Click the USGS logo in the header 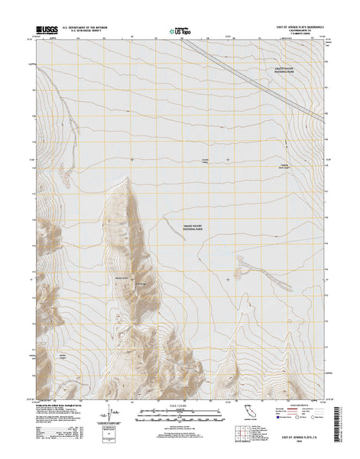(45, 33)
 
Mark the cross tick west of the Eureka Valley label (131, 159)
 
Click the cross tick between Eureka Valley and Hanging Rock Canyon (228, 159)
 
